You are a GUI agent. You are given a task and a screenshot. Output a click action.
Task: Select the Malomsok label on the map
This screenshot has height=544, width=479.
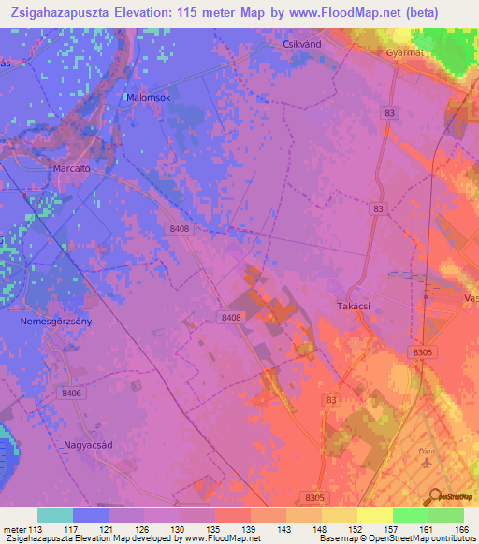[145, 96]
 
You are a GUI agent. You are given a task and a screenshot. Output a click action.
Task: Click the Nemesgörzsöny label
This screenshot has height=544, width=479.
[56, 321]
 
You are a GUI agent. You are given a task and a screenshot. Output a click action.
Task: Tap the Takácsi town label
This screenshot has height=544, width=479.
[355, 306]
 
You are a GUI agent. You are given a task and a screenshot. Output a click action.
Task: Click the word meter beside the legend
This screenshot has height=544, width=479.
[17, 529]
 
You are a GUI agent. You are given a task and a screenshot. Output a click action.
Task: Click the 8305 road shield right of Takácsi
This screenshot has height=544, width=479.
[423, 351]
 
